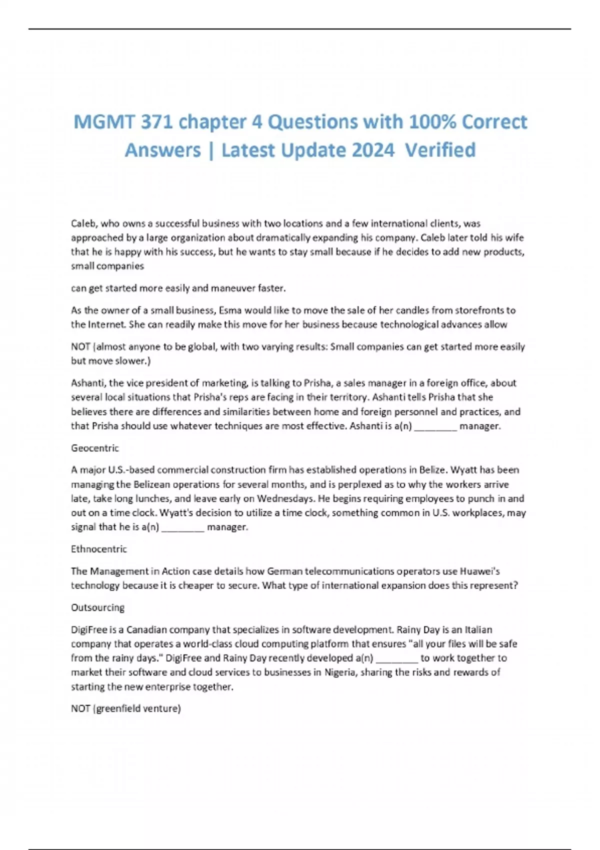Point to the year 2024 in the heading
370,150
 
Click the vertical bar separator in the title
211,150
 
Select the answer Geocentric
95,448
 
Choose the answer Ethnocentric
99,549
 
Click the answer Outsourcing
97,607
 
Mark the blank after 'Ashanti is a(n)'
435,426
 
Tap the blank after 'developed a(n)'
396,658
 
